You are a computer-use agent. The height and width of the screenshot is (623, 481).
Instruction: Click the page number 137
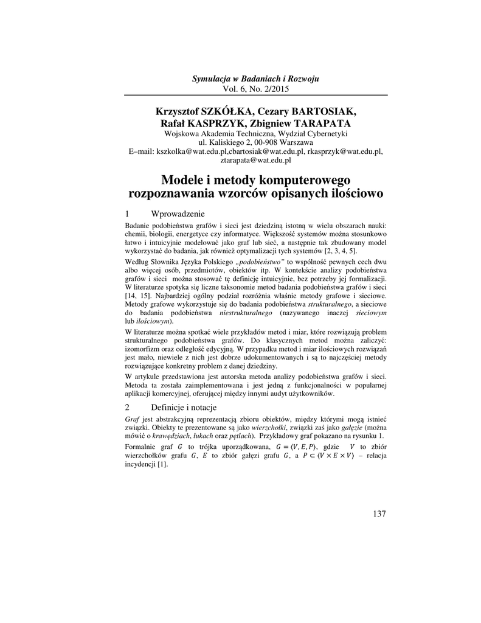point(378,514)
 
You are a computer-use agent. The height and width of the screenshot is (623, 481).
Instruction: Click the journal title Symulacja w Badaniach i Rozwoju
point(255,79)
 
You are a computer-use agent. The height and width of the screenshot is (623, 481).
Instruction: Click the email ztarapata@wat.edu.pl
point(255,160)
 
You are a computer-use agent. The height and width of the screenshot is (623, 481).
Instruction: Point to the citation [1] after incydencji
point(162,464)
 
